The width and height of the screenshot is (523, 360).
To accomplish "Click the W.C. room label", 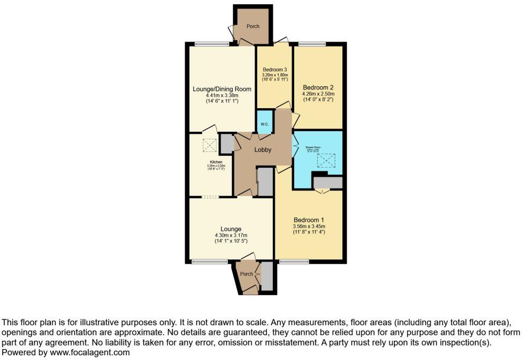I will (x=265, y=124).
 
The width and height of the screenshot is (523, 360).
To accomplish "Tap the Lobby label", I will (x=263, y=150).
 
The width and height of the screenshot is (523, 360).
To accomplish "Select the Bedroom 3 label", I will (x=275, y=70).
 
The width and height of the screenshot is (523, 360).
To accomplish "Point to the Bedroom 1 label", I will (x=309, y=220).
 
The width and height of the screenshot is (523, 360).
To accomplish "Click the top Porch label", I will (x=253, y=26).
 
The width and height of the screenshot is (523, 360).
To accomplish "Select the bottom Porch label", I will (x=246, y=274).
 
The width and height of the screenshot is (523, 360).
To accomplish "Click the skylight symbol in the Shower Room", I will (x=326, y=160).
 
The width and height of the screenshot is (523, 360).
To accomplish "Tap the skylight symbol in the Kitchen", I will (x=207, y=144).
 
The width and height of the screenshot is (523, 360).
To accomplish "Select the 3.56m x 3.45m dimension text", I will (x=309, y=227).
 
